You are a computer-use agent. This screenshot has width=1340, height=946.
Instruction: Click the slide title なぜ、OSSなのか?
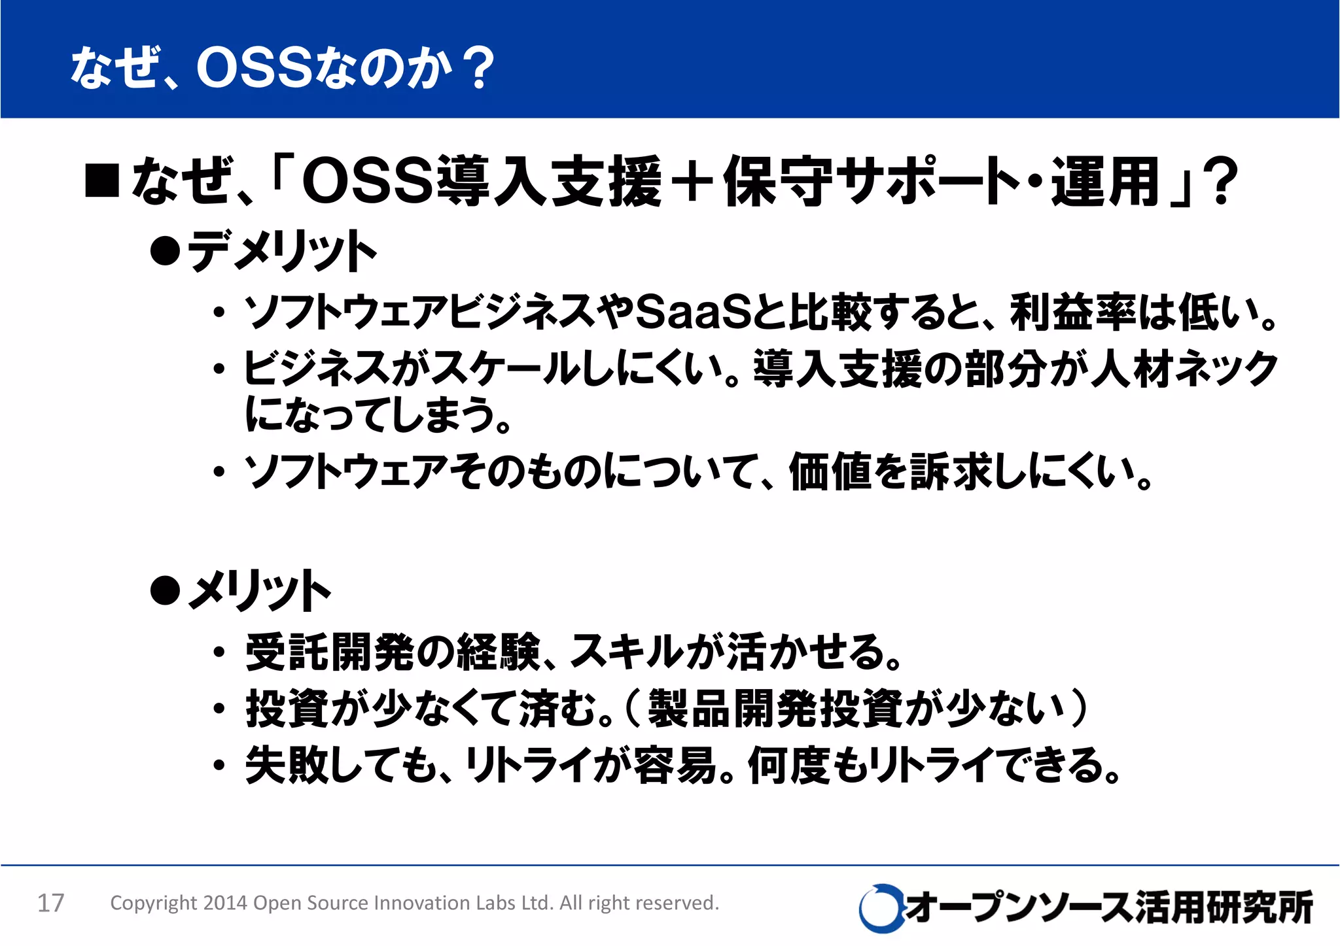click(281, 68)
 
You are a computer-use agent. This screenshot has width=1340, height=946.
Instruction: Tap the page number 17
click(50, 903)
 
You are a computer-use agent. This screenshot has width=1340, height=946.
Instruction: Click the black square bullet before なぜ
click(102, 181)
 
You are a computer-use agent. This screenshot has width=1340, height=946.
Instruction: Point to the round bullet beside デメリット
click(165, 251)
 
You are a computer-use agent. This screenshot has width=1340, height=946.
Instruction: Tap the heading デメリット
click(281, 251)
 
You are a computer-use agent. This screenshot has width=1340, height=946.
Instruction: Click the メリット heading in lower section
click(259, 590)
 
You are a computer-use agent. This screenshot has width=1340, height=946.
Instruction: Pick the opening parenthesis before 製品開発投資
click(633, 708)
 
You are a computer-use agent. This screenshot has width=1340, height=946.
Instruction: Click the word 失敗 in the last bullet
click(287, 765)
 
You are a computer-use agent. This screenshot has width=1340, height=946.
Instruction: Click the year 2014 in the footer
click(225, 903)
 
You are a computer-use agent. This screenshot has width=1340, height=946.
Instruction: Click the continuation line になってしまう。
click(376, 416)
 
